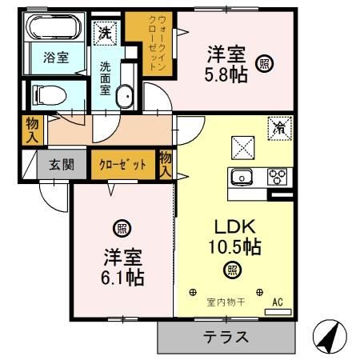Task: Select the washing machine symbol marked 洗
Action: click(105, 33)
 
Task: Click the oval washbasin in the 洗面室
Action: click(126, 98)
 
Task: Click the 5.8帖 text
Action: click(227, 74)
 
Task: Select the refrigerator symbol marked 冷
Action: click(281, 126)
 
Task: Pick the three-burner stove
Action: click(277, 177)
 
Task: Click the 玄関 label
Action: click(61, 165)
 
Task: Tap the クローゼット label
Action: click(122, 165)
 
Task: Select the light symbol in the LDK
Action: click(232, 270)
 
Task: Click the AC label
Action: click(279, 302)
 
